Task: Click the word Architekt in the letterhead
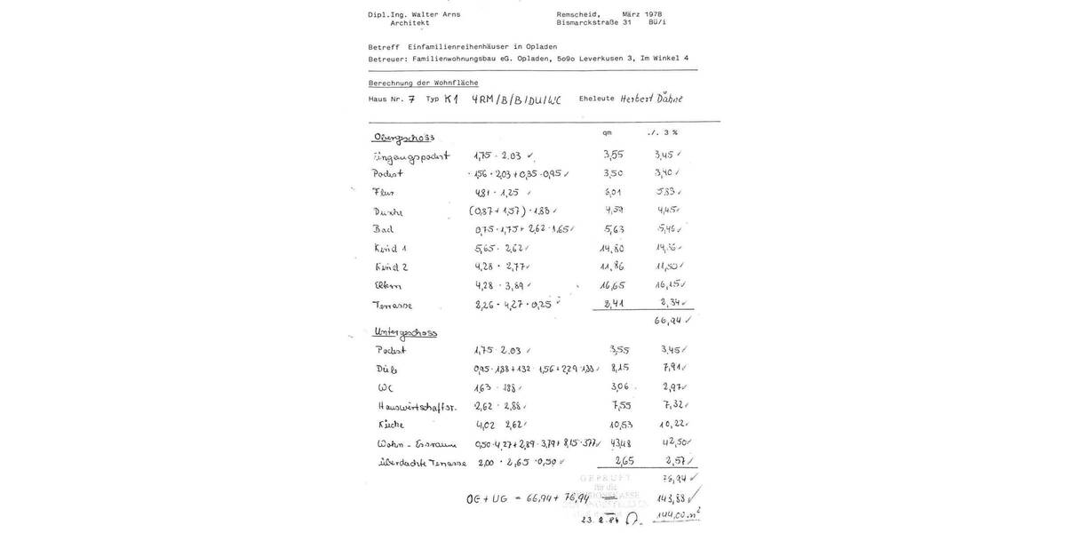[x=410, y=23]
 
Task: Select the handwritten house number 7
[x=411, y=99]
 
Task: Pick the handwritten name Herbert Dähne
[x=651, y=99]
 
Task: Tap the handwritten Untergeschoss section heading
[x=405, y=332]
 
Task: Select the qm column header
[x=608, y=132]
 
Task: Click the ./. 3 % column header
[x=663, y=132]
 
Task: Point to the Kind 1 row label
[x=391, y=248]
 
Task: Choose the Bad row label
[x=384, y=229]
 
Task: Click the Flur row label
[x=384, y=192]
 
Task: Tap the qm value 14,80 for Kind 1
[x=613, y=249]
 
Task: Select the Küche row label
[x=391, y=425]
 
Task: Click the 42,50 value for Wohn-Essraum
[x=677, y=442]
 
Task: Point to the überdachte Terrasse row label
[x=422, y=463]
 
